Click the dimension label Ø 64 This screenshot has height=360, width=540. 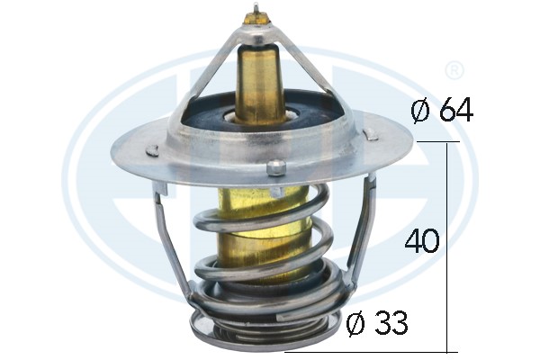click(x=442, y=110)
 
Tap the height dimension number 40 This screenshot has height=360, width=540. click(x=423, y=240)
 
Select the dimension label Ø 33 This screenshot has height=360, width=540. click(x=377, y=323)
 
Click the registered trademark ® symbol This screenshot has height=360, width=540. click(x=454, y=70)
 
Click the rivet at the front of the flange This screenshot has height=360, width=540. click(x=276, y=167)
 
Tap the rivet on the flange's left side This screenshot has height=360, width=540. click(x=151, y=150)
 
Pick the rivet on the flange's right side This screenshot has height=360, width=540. click(x=371, y=134)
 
